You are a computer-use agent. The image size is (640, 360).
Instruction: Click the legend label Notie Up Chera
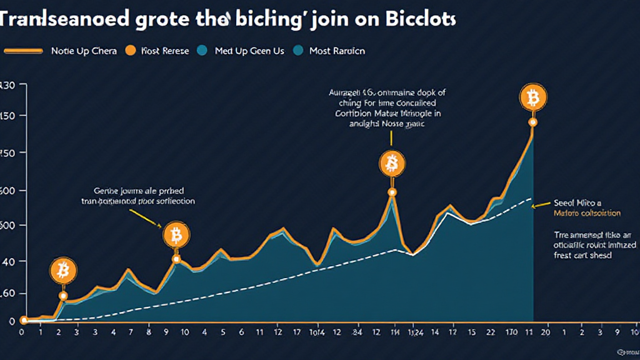pos(84,51)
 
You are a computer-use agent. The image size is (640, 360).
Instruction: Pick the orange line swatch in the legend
pos(24,51)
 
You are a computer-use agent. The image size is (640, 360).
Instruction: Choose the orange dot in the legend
pos(131,51)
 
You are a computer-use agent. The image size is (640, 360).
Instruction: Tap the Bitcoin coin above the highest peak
pos(533,98)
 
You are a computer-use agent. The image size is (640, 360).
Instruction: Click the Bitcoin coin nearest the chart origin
pos(62,271)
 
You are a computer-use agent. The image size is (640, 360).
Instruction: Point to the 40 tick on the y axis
pos(7,260)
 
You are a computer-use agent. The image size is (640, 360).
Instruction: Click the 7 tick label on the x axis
pos(130,332)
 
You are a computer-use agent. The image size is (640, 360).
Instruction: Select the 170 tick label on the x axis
pos(512,332)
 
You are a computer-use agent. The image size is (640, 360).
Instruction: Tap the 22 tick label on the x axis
pos(492,332)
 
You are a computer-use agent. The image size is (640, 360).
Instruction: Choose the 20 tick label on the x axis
pos(546,332)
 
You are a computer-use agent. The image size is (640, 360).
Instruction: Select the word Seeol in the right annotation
pos(566,203)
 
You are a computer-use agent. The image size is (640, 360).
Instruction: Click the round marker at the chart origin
pos(23,321)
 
